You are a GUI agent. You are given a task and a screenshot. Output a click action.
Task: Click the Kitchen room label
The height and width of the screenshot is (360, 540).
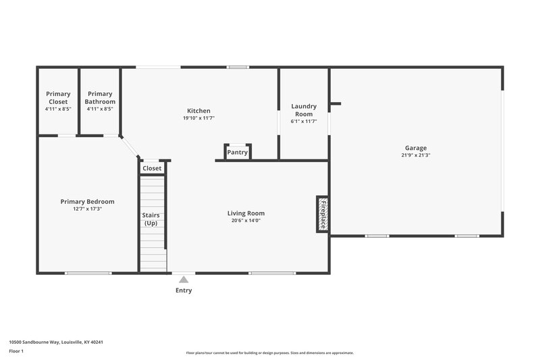[198, 111]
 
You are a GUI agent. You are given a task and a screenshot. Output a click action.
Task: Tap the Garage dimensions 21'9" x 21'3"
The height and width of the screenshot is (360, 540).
[416, 155]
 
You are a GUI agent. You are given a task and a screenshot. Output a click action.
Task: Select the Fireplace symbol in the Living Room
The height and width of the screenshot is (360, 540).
[323, 214]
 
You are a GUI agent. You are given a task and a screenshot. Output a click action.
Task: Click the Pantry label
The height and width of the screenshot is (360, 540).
[238, 153]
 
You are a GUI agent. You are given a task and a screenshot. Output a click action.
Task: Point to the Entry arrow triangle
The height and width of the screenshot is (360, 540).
[184, 278]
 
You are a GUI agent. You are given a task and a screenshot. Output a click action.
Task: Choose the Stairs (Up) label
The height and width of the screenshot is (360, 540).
[151, 220]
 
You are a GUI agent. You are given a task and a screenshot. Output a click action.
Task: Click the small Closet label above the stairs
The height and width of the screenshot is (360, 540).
[152, 168]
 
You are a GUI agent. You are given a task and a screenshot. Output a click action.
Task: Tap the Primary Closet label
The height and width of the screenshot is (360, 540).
[58, 98]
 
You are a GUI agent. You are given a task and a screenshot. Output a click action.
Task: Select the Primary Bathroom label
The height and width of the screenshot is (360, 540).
[100, 98]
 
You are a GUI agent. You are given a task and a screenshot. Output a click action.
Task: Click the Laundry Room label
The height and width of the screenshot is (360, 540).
[304, 110]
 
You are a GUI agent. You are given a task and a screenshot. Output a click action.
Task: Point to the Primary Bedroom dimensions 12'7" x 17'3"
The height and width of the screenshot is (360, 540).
[87, 209]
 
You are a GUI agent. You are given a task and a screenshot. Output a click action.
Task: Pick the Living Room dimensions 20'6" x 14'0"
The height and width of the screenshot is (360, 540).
[246, 220]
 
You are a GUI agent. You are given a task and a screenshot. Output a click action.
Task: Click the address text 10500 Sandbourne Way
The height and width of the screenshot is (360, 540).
[56, 342]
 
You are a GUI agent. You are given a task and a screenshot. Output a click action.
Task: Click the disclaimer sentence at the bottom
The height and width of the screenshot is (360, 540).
[269, 353]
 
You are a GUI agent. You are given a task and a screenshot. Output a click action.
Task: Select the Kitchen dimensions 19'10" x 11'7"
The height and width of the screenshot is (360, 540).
[198, 118]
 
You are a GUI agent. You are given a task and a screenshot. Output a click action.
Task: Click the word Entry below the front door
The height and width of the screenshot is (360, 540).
[184, 290]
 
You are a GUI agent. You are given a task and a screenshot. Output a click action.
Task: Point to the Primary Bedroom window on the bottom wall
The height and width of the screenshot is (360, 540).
[88, 273]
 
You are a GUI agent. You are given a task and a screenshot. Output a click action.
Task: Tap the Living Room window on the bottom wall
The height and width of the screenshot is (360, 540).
[272, 273]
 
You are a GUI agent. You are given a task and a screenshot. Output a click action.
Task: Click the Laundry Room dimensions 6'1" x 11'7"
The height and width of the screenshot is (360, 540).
[304, 122]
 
